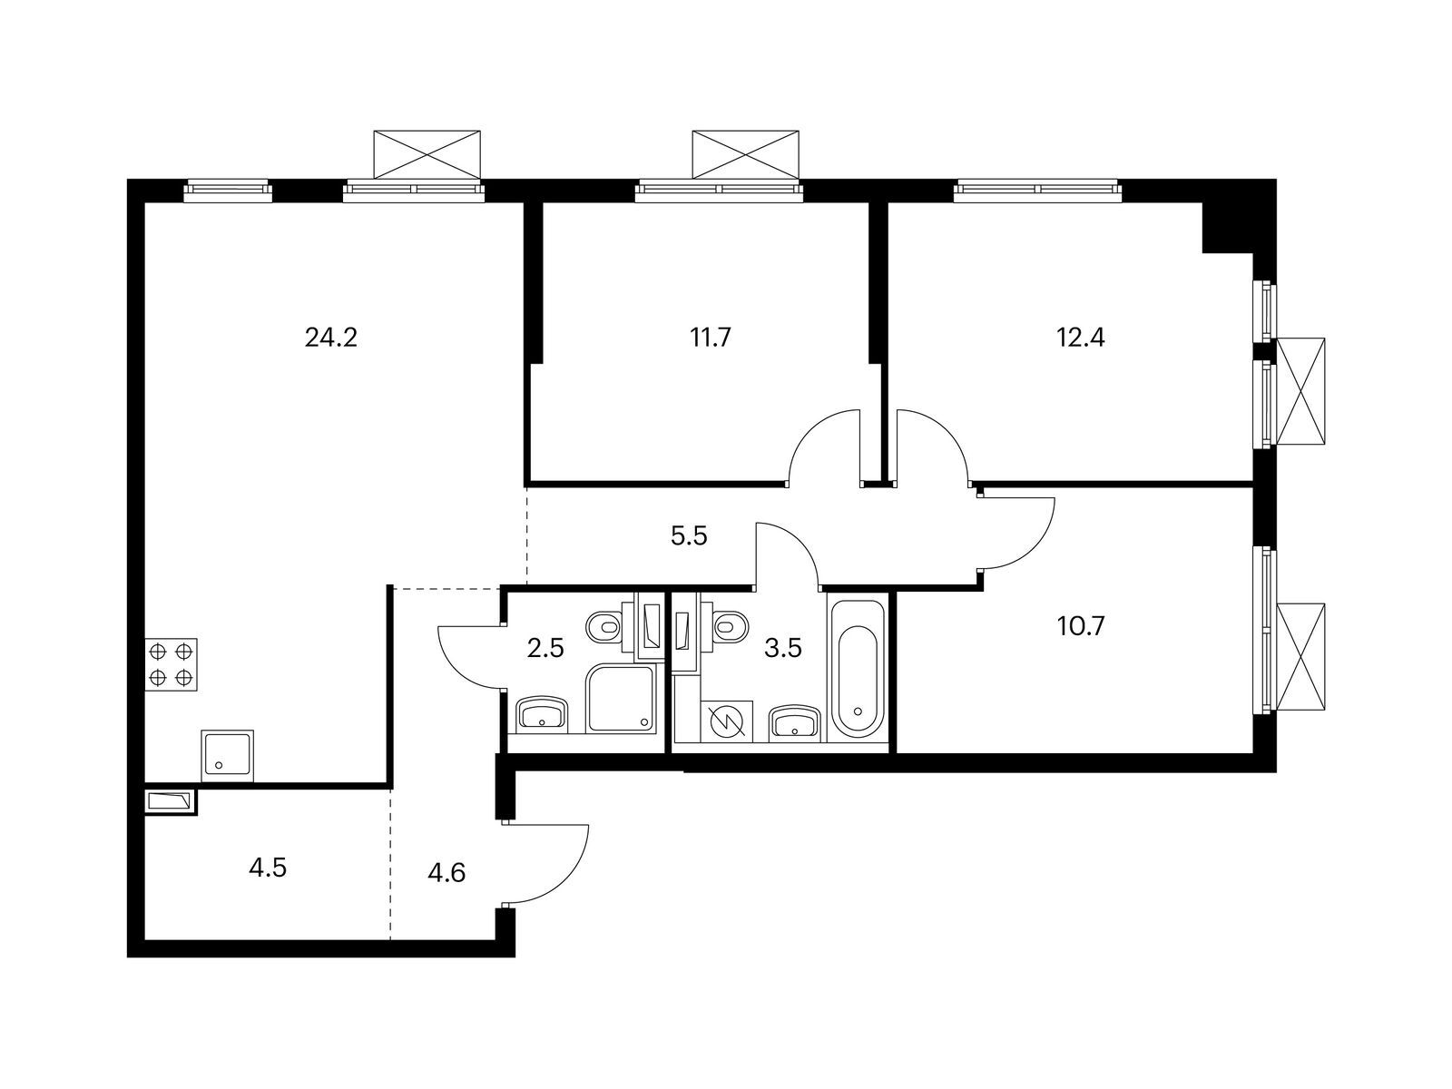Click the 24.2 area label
pos(331,338)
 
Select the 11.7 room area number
pos(711,338)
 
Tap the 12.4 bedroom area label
pos(1080,338)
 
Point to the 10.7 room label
pos(1080,626)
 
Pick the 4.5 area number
pos(268,868)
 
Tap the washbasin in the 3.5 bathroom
pos(796,723)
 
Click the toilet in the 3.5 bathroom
pos(730,625)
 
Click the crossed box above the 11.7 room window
pos(747,154)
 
